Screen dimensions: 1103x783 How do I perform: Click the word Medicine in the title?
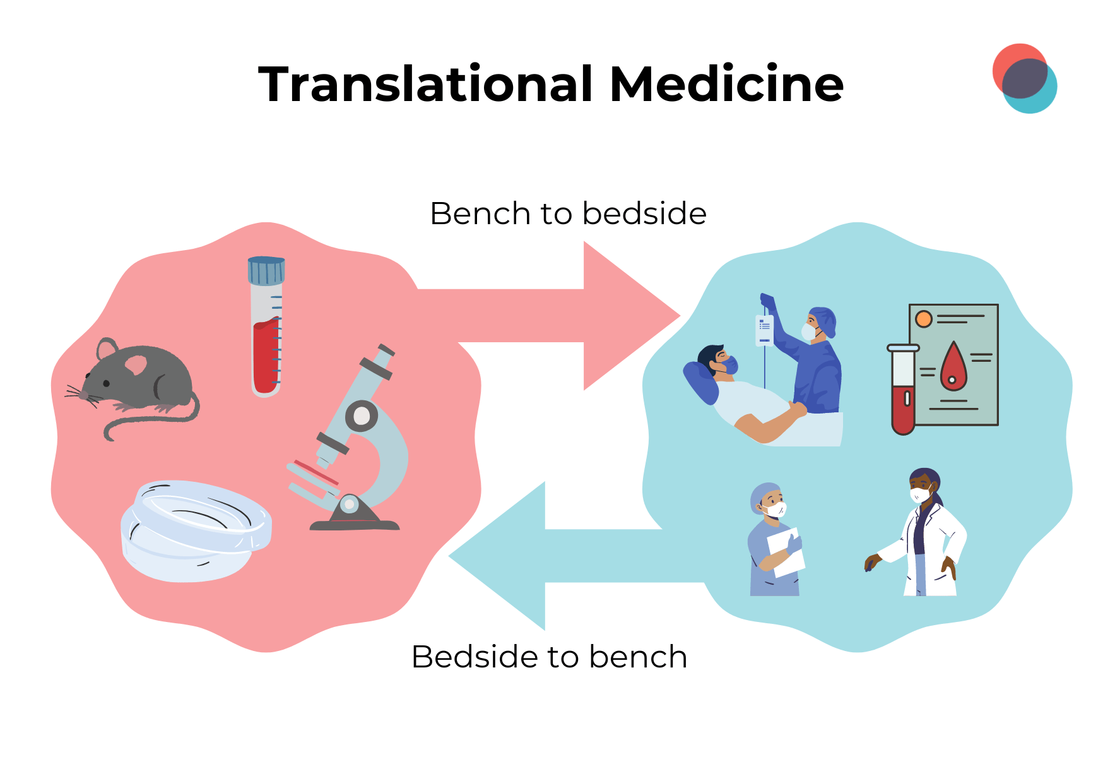(726, 84)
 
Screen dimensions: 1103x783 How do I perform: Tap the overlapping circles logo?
(1024, 78)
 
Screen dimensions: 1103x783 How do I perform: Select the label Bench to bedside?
(568, 213)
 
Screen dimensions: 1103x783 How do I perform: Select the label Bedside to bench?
(549, 657)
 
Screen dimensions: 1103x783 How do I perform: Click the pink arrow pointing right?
(568, 316)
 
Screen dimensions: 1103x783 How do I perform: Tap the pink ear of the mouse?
(136, 364)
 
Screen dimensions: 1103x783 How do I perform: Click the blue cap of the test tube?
(266, 270)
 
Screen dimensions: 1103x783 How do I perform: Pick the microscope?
(360, 442)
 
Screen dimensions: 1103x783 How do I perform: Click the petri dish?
(196, 530)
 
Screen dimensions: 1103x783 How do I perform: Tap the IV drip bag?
(764, 330)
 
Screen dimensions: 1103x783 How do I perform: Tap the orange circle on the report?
(924, 319)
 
